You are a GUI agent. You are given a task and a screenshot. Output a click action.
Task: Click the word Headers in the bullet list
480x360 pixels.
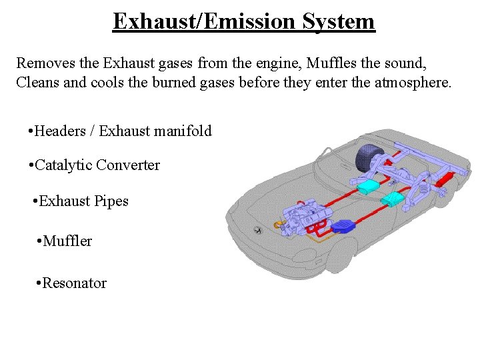(x=62, y=131)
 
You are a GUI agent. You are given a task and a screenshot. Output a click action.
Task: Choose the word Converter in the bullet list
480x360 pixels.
(x=128, y=165)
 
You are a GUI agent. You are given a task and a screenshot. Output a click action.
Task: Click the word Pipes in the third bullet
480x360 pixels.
(x=111, y=201)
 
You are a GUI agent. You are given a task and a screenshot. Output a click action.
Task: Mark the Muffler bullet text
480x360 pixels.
(x=67, y=241)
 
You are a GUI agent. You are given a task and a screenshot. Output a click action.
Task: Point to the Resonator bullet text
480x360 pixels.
(x=74, y=283)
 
